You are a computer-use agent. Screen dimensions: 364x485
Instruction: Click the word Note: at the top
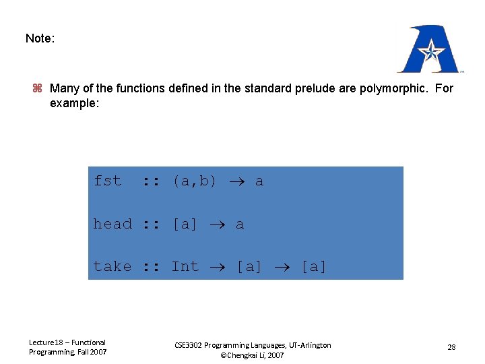click(40, 38)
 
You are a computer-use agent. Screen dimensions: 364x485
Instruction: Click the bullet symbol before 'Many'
click(38, 88)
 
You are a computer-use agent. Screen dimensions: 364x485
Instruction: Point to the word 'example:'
click(74, 104)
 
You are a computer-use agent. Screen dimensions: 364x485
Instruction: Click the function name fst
click(107, 181)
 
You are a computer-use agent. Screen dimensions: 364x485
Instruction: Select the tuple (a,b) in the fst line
click(194, 181)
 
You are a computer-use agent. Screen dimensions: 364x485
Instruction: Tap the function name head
click(112, 224)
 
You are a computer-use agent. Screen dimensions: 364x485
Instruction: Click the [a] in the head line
click(185, 224)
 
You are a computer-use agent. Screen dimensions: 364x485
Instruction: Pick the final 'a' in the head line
click(239, 224)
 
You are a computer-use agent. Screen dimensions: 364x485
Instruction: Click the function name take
click(112, 266)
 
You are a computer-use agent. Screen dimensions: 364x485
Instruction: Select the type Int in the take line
click(185, 266)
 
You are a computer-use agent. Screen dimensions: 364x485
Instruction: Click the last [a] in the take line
click(313, 266)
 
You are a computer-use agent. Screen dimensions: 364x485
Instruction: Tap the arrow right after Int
click(217, 267)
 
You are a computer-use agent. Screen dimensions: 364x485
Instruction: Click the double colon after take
click(152, 266)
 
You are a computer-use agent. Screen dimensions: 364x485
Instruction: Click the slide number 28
click(451, 347)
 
